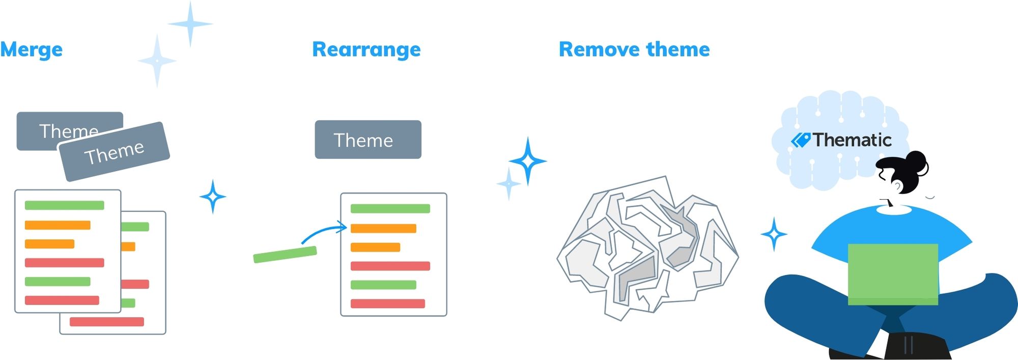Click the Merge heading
pyautogui.click(x=31, y=50)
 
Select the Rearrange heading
pyautogui.click(x=366, y=50)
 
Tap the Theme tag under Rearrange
pyautogui.click(x=368, y=140)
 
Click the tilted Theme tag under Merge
pyautogui.click(x=114, y=152)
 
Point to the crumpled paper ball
pyautogui.click(x=647, y=248)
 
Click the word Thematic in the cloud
pyautogui.click(x=852, y=140)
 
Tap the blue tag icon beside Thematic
pyautogui.click(x=801, y=140)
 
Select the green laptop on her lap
pyautogui.click(x=893, y=274)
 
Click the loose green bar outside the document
pyautogui.click(x=285, y=255)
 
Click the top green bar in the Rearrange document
pyautogui.click(x=390, y=208)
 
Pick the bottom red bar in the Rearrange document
pyautogui.click(x=388, y=303)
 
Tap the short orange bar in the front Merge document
pyautogui.click(x=49, y=244)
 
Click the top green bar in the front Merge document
pyautogui.click(x=65, y=205)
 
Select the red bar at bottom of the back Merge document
pyautogui.click(x=107, y=322)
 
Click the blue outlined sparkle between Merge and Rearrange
pyautogui.click(x=213, y=197)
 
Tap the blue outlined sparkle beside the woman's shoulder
pyautogui.click(x=774, y=234)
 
